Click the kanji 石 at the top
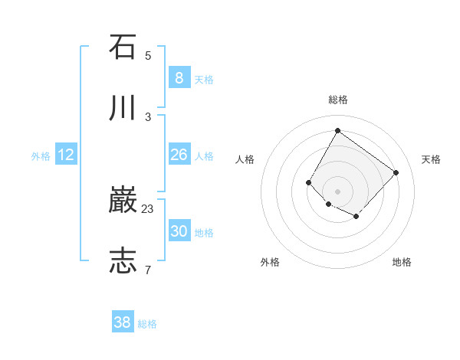click(123, 47)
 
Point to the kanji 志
click(123, 261)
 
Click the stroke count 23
click(148, 208)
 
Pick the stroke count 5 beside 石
click(148, 55)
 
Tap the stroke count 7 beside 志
click(148, 270)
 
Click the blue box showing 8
click(179, 77)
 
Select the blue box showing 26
click(179, 155)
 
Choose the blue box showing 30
click(179, 231)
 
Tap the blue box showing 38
click(123, 322)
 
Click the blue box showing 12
click(66, 155)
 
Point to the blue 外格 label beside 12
click(41, 156)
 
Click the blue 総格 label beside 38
click(147, 324)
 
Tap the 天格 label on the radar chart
click(431, 159)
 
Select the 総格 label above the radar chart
click(337, 100)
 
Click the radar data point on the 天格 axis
click(396, 172)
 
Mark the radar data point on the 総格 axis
click(337, 130)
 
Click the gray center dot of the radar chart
click(337, 191)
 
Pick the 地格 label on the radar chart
click(402, 262)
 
